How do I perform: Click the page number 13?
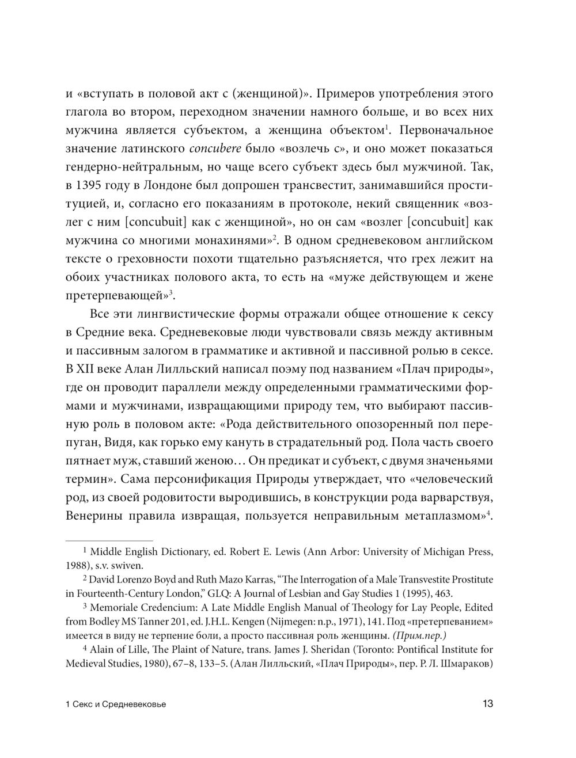coord(487,703)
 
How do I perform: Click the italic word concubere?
coord(215,149)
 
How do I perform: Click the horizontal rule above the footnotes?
coord(109,540)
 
